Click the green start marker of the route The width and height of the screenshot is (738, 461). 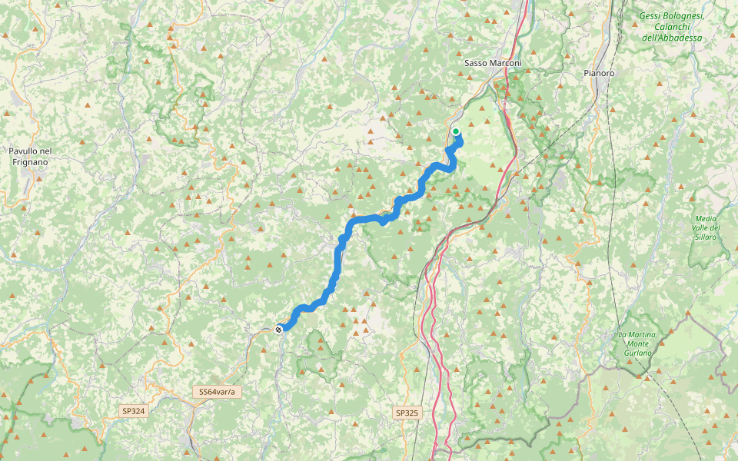[456, 131]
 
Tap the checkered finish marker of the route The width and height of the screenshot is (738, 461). [278, 329]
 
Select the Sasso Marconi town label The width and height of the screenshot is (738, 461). [493, 63]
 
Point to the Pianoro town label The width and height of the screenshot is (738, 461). [598, 73]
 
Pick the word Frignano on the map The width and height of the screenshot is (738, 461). [31, 162]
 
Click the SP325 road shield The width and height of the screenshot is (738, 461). [407, 413]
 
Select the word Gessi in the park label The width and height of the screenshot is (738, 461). [653, 15]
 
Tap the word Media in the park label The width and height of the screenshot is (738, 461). [706, 218]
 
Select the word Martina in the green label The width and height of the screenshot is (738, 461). [643, 334]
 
